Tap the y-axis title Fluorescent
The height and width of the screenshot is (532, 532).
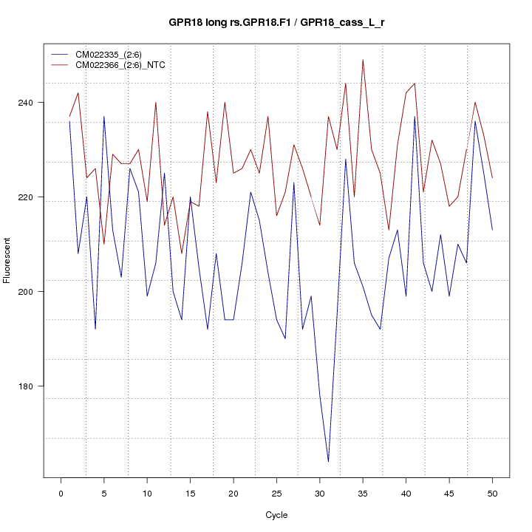tap(7, 260)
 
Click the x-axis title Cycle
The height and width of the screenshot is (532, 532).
tap(276, 515)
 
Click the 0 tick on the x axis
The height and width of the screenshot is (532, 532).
tap(61, 493)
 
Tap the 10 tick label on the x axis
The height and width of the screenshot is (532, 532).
tap(147, 493)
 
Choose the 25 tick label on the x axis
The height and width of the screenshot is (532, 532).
tap(276, 493)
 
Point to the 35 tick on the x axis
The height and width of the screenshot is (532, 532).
tap(363, 493)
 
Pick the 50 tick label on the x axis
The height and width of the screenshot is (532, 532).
tap(492, 493)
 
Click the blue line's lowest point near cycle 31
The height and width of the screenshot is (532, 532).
tap(328, 462)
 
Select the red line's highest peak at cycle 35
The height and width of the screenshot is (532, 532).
tap(363, 60)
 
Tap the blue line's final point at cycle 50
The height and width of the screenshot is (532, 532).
tap(492, 230)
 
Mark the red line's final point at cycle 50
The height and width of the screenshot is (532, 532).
tap(492, 178)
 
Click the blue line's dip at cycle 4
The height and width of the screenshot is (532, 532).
tap(95, 329)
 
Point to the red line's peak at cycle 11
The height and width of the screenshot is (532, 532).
tap(156, 103)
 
